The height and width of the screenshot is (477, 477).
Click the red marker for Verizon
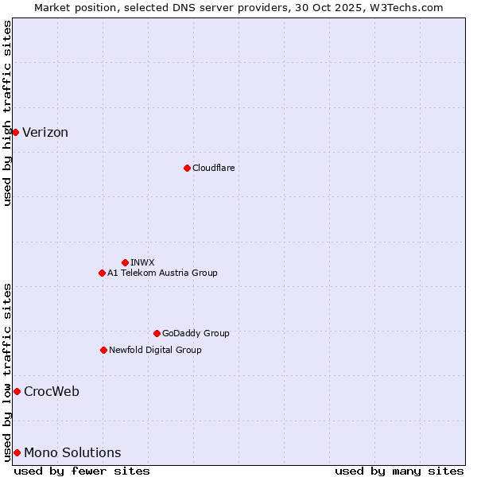15,132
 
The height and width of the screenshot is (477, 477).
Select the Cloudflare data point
187,168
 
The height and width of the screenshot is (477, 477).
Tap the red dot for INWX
125,262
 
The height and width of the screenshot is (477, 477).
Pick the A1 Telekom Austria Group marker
102,273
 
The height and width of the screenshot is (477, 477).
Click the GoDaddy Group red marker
157,333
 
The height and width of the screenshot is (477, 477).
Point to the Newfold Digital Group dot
103,350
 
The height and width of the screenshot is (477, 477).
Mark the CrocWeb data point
17,391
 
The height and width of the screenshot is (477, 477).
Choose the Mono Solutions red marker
17,452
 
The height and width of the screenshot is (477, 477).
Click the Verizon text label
45,133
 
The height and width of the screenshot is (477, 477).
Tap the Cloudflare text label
214,168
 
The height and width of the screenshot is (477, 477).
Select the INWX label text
143,262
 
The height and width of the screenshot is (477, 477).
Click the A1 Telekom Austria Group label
162,273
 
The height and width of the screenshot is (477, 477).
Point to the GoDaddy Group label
196,333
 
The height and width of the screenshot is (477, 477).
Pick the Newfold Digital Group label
155,350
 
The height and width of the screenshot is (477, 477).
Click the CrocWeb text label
52,391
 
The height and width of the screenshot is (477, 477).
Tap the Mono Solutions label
72,453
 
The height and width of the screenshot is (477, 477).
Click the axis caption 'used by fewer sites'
82,471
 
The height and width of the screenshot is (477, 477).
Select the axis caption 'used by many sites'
399,471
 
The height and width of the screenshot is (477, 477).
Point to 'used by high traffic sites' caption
7,113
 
